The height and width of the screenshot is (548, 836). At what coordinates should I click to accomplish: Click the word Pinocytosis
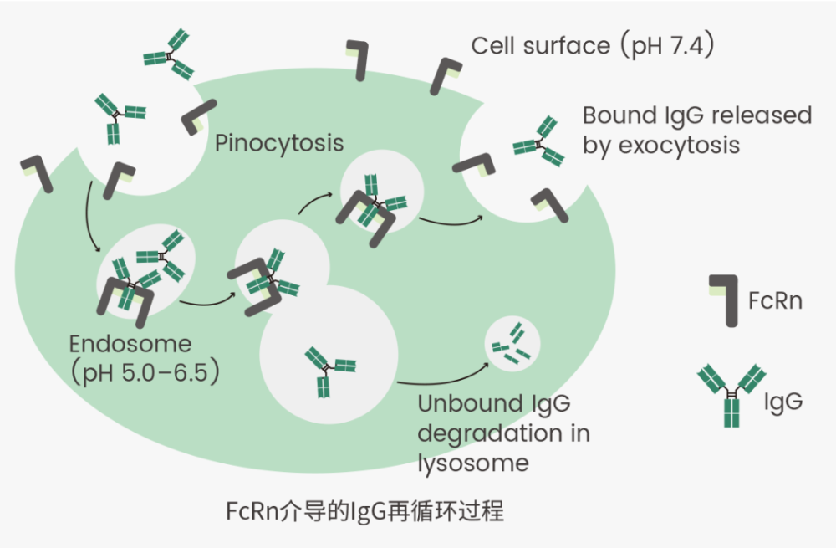(x=279, y=144)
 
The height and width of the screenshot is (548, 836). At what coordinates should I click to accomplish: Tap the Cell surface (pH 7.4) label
(x=593, y=45)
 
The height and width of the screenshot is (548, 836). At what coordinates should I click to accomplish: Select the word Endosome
(x=130, y=344)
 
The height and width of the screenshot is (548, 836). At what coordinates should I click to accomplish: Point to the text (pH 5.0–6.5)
(x=145, y=372)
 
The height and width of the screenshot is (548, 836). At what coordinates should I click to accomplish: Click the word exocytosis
(x=679, y=145)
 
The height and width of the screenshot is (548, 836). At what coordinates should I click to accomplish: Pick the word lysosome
(x=473, y=463)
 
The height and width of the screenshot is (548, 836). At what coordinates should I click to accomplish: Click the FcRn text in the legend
(x=775, y=300)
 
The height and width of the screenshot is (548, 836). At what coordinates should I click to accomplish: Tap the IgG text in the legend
(x=783, y=402)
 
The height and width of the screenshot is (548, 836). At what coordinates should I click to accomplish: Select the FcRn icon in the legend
(x=723, y=300)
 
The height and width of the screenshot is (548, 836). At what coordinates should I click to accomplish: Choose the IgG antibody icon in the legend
(x=731, y=396)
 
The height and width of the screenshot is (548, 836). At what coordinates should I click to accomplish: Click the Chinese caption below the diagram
(x=364, y=511)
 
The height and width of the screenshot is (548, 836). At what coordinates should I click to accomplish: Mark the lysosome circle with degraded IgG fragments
(x=512, y=344)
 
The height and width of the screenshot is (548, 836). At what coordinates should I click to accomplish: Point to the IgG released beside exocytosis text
(x=539, y=141)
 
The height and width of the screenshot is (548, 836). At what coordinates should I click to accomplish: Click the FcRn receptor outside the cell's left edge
(x=37, y=173)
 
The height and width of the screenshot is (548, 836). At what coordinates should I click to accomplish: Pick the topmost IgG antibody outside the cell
(x=169, y=54)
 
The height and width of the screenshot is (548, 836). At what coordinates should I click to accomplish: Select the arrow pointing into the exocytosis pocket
(x=451, y=220)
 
